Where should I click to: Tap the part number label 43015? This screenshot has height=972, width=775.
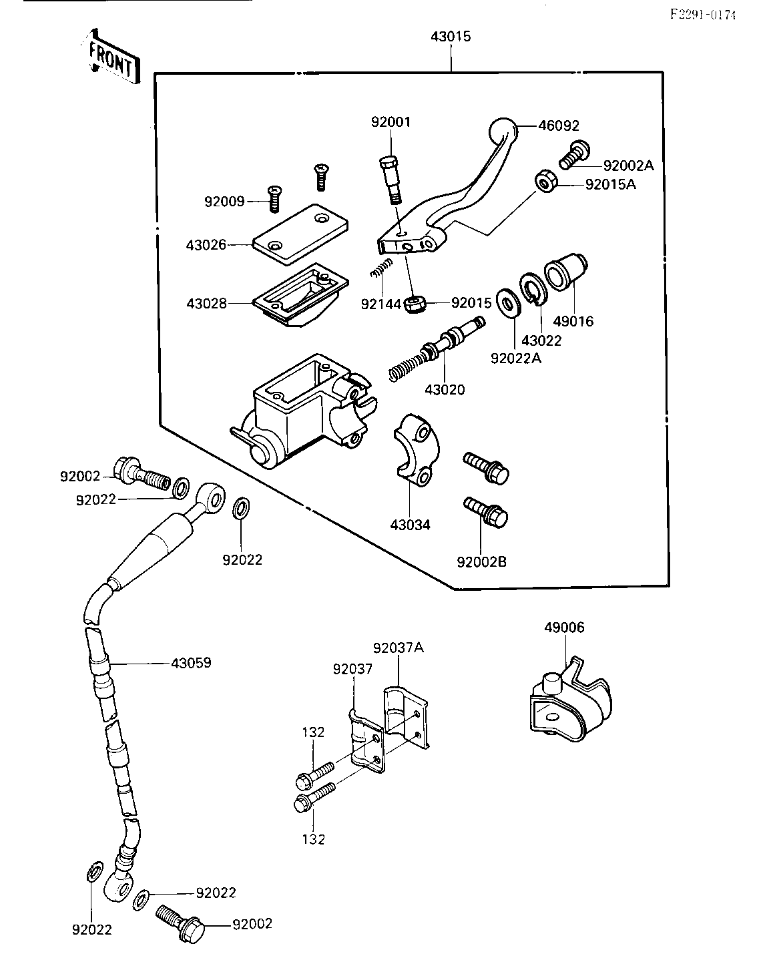click(451, 37)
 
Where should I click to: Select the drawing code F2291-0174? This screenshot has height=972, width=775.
click(703, 15)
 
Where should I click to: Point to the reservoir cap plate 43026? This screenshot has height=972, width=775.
click(300, 234)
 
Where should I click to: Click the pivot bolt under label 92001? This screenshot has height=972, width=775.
click(391, 180)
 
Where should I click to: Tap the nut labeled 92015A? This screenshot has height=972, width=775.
click(546, 182)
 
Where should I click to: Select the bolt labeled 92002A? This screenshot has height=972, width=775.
click(575, 155)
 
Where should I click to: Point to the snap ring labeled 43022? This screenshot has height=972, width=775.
click(533, 288)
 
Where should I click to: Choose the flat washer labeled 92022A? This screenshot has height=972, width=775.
click(509, 302)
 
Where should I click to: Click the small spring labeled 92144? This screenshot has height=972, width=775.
click(381, 268)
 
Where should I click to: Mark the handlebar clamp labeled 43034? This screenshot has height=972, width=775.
click(417, 449)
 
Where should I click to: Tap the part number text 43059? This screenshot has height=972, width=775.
click(191, 663)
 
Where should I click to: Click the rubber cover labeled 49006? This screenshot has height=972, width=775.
click(571, 700)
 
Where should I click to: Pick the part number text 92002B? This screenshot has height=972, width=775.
click(481, 562)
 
